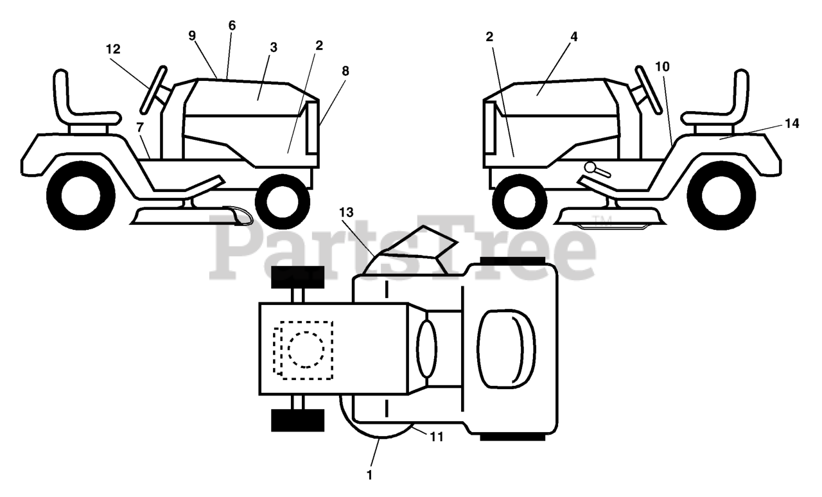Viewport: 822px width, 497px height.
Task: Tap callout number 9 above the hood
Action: pyautogui.click(x=192, y=36)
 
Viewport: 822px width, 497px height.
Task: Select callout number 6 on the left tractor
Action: pyautogui.click(x=232, y=26)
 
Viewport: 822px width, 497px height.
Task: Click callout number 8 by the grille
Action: pyautogui.click(x=345, y=71)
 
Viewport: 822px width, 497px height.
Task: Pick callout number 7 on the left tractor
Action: pyautogui.click(x=140, y=127)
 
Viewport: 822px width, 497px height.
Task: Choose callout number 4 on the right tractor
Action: pyautogui.click(x=573, y=37)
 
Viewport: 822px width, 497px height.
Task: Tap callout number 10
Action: pyautogui.click(x=663, y=66)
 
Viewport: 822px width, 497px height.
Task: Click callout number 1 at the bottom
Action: pyautogui.click(x=369, y=475)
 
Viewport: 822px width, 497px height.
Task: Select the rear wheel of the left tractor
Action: pyautogui.click(x=80, y=193)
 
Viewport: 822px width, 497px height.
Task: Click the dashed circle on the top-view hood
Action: pyautogui.click(x=306, y=350)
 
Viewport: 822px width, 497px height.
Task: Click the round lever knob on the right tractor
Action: pyautogui.click(x=591, y=167)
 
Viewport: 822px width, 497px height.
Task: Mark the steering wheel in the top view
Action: pyautogui.click(x=426, y=349)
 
